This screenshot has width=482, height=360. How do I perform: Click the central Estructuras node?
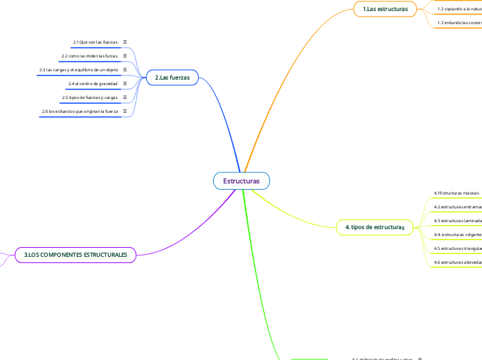241,181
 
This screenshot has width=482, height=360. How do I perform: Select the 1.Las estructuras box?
385,8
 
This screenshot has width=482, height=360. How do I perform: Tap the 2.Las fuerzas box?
172,78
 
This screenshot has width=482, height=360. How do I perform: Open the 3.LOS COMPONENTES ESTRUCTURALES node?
75,255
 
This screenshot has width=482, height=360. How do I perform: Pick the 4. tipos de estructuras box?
374,227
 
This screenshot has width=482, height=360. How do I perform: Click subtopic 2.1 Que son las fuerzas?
95,42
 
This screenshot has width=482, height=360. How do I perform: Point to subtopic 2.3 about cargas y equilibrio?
78,70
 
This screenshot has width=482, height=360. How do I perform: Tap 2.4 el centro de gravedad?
93,84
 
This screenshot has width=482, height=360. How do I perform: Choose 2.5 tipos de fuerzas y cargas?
89,98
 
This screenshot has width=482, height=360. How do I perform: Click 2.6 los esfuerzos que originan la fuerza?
80,111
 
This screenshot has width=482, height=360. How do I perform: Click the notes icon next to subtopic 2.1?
125,42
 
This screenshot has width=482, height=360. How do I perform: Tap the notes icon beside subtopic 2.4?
125,84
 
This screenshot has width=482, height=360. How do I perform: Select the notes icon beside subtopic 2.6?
125,111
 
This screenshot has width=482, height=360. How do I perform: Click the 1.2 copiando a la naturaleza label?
459,8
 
